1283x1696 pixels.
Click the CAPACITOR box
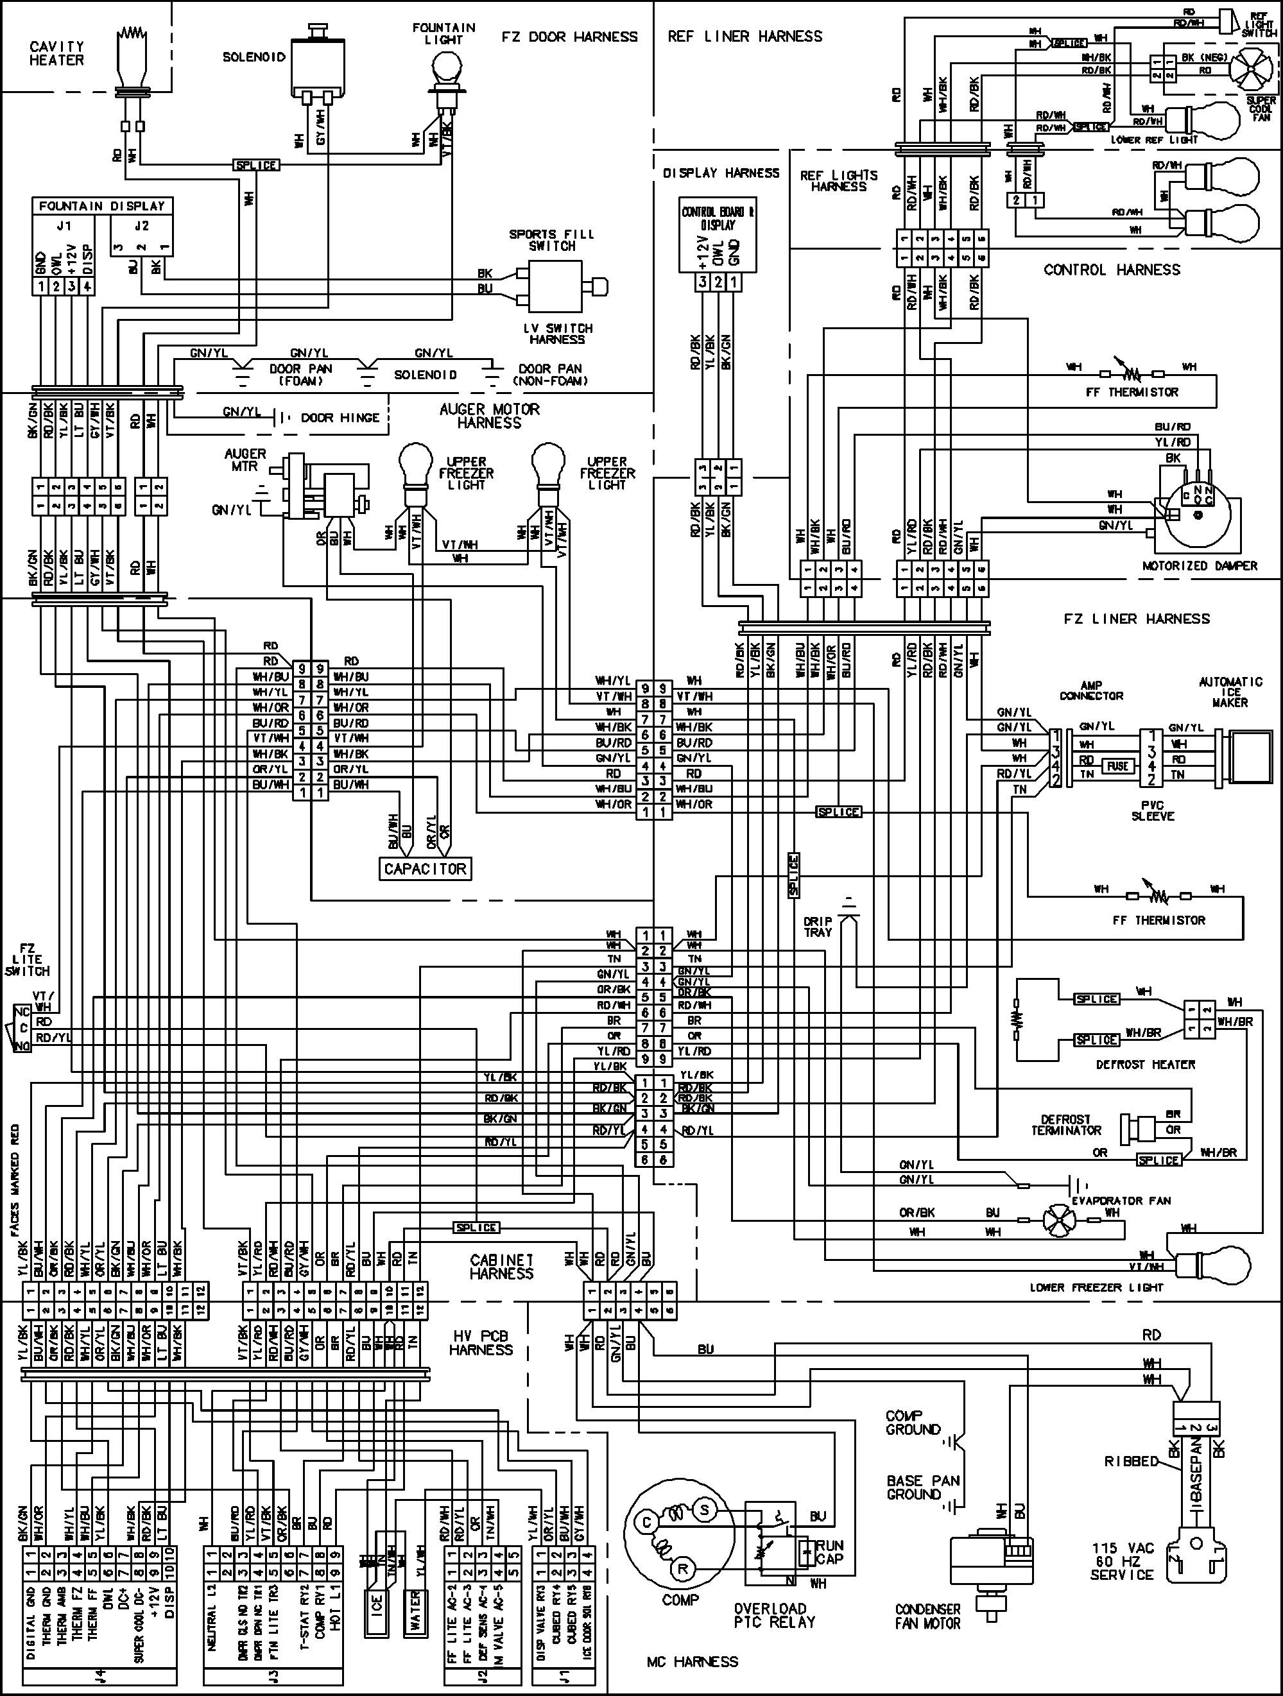tap(425, 869)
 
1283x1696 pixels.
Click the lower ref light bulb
tap(1216, 119)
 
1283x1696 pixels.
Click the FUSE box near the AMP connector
tap(1117, 765)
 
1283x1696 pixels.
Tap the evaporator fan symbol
tap(1060, 1220)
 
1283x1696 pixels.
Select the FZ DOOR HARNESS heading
tap(569, 37)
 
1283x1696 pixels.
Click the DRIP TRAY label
tap(818, 927)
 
